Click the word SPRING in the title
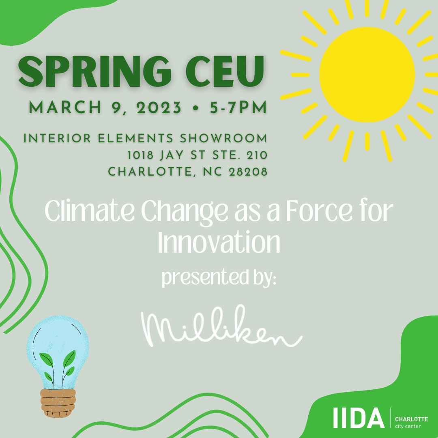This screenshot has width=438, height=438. (x=94, y=72)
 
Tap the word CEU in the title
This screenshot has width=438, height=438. (x=225, y=72)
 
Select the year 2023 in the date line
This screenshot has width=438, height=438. (x=159, y=108)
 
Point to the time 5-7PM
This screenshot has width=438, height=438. (x=238, y=108)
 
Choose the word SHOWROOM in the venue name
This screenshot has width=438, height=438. (x=223, y=139)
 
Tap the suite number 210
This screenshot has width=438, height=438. (x=257, y=155)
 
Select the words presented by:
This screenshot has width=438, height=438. (x=219, y=278)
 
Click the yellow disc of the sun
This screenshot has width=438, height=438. (x=367, y=75)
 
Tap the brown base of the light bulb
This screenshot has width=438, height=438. (x=58, y=403)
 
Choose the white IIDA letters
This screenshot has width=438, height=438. (x=359, y=418)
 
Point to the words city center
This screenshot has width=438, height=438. (x=408, y=426)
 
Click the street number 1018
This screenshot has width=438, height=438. (x=140, y=155)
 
